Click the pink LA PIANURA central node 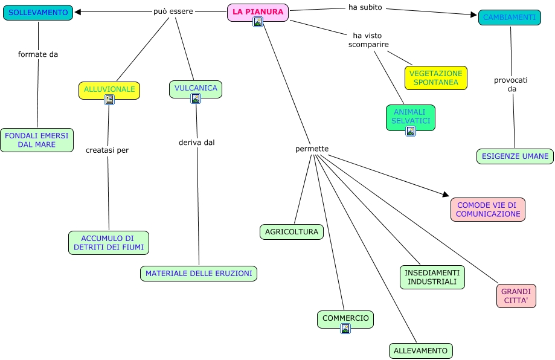click(258, 13)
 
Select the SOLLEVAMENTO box click(38, 13)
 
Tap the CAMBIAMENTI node click(509, 18)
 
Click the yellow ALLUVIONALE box click(109, 90)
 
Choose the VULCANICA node click(196, 89)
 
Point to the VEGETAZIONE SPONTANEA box click(435, 78)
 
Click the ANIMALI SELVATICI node click(411, 118)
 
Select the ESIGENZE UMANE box click(515, 156)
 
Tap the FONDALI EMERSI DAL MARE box click(37, 140)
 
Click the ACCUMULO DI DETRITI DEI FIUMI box click(109, 243)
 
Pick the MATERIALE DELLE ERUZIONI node click(199, 274)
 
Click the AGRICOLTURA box click(292, 232)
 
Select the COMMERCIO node click(345, 320)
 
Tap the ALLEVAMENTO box click(420, 351)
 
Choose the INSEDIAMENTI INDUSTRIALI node click(432, 277)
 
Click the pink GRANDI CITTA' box click(516, 296)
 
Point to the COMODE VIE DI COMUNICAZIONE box click(488, 210)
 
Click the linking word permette click(312, 149)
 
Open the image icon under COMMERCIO click(345, 329)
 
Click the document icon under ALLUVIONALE click(109, 100)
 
